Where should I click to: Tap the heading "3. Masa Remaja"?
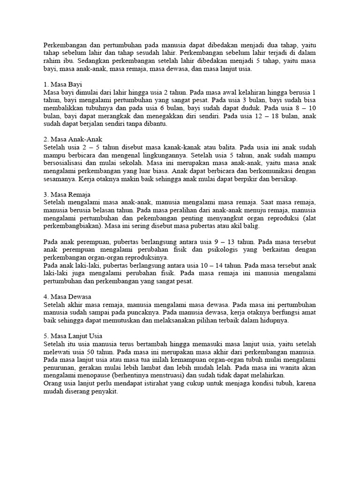[x=67, y=194]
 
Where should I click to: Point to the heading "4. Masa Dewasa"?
[x=67, y=297]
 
